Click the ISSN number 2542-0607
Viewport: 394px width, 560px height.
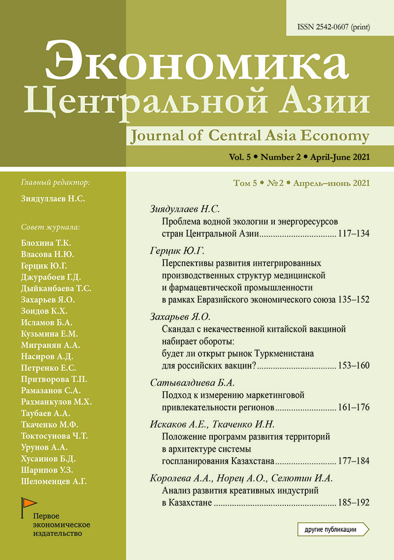[x=335, y=27]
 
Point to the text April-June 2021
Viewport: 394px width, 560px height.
[x=339, y=157]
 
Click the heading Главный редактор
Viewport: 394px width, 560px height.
[x=56, y=183]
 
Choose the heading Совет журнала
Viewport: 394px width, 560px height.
[x=51, y=227]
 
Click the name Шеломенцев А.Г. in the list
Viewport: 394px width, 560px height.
[x=54, y=481]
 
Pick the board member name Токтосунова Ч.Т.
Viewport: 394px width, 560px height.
[x=55, y=436]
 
